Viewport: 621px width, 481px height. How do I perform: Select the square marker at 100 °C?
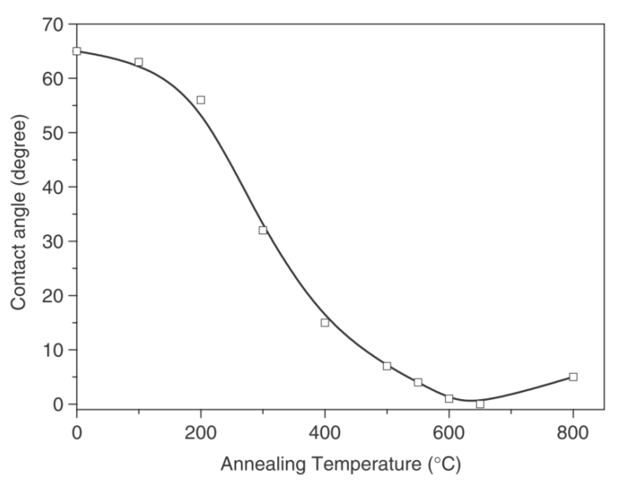tap(139, 62)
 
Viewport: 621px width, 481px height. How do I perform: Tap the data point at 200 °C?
tap(201, 100)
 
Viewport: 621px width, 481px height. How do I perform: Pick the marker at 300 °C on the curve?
tap(263, 230)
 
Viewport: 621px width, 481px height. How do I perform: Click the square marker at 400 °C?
tap(325, 323)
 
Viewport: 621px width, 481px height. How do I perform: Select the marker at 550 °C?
tap(418, 382)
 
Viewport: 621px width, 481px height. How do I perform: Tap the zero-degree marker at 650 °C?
tap(480, 404)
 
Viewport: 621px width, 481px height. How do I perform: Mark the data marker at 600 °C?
tap(449, 399)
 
